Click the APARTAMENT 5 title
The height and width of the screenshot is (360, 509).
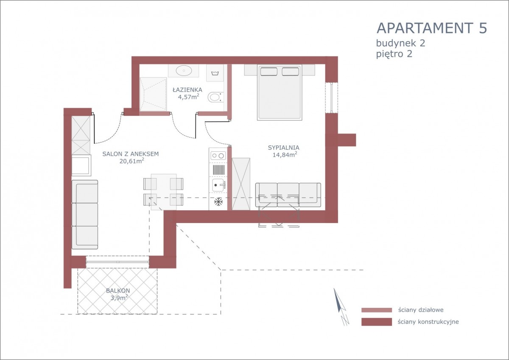tap(432, 28)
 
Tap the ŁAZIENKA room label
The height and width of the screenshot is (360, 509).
tap(187, 90)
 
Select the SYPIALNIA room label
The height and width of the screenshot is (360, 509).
tap(284, 148)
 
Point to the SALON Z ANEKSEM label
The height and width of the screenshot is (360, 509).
tap(131, 154)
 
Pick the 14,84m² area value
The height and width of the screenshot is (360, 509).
tap(285, 155)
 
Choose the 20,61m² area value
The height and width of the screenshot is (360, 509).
tap(132, 161)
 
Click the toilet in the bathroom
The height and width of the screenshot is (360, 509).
tap(215, 97)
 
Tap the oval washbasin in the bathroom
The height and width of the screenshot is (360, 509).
tap(184, 70)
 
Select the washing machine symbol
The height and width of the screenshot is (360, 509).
tap(215, 73)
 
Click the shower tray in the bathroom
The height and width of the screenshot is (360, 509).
tap(153, 94)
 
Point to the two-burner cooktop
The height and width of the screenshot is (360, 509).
tap(218, 156)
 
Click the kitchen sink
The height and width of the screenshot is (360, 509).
tap(218, 185)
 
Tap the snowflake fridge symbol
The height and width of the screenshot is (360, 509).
tap(218, 202)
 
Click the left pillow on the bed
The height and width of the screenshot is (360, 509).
tap(268, 72)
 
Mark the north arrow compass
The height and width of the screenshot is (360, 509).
tap(341, 306)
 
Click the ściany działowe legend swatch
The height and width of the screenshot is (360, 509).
tap(377, 310)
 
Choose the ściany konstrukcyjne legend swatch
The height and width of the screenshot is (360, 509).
tap(377, 322)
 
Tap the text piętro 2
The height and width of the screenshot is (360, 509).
tap(394, 55)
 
